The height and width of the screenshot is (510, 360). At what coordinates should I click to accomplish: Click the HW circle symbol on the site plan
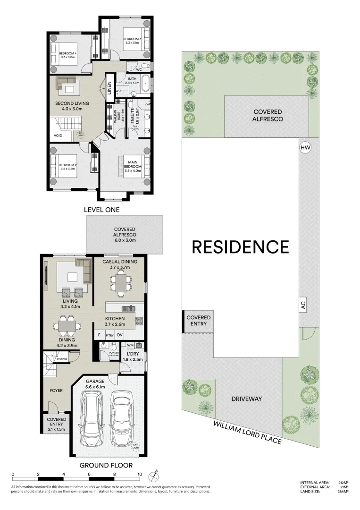(305, 148)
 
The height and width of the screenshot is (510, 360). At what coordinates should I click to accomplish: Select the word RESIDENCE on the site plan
(240, 247)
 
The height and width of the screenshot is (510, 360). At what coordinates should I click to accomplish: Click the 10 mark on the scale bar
(139, 474)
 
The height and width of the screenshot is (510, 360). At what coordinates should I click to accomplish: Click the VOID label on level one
(59, 135)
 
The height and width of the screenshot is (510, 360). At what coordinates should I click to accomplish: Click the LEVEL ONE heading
(101, 210)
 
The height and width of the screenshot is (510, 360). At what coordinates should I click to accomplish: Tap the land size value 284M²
(343, 492)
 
